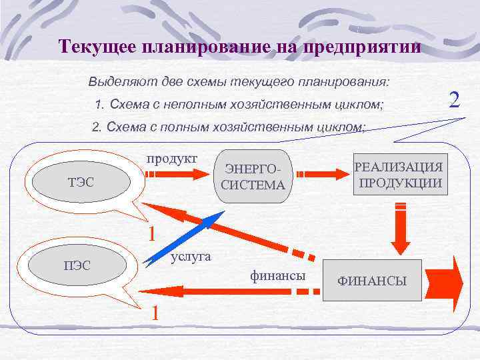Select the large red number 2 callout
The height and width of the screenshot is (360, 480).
[x=455, y=100]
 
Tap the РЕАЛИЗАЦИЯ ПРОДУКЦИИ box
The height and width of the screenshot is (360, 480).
[x=399, y=174]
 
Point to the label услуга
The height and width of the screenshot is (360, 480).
[x=191, y=256]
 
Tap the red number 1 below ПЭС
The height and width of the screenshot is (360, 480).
[x=154, y=312]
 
